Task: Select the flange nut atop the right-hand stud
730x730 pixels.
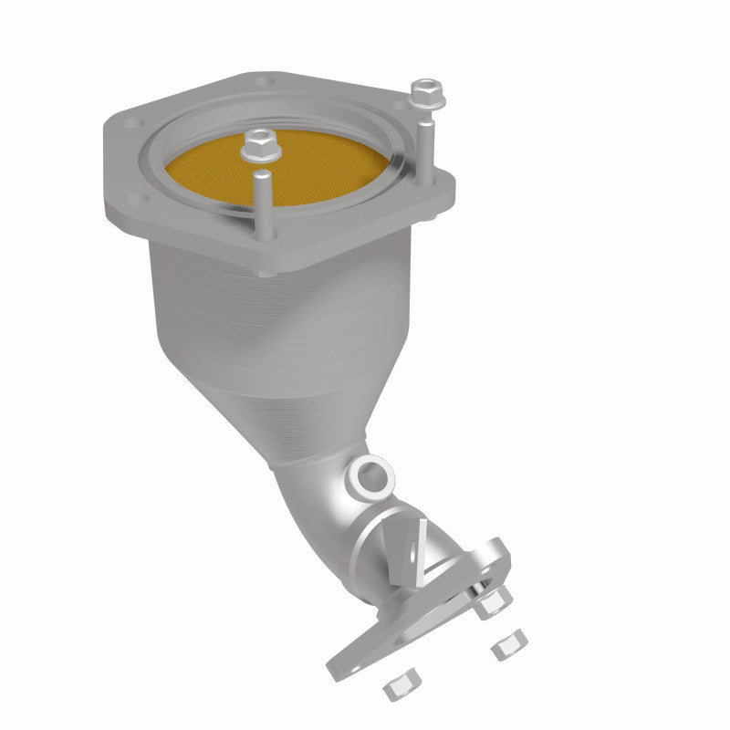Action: pyautogui.click(x=424, y=91)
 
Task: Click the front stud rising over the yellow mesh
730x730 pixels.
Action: pyautogui.click(x=262, y=205)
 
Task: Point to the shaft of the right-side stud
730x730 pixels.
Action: pyautogui.click(x=427, y=146)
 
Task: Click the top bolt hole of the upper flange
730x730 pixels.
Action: pyautogui.click(x=265, y=82)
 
